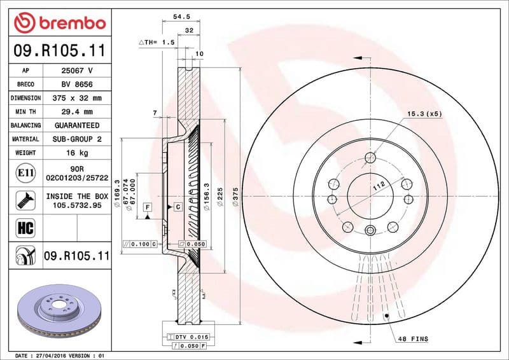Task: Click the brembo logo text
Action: coord(69,24)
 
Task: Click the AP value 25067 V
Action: coord(78,71)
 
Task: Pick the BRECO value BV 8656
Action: coord(78,84)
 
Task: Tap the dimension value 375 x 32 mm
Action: coord(78,98)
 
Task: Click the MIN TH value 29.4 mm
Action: coord(78,112)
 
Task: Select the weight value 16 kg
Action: coord(78,153)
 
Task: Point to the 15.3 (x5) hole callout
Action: coord(424,113)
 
